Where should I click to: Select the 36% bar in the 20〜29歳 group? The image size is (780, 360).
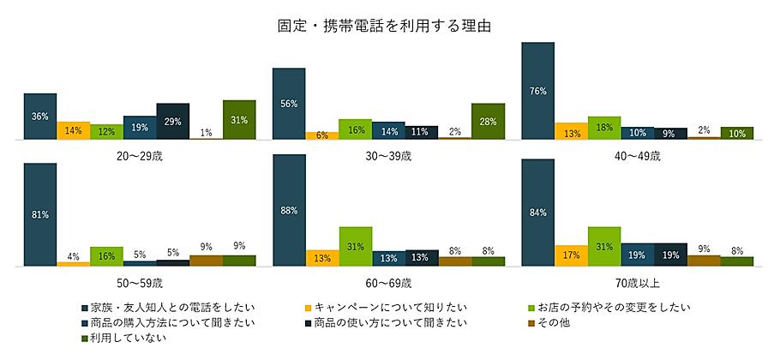pyautogui.click(x=40, y=116)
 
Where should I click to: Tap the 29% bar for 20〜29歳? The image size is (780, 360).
pyautogui.click(x=173, y=121)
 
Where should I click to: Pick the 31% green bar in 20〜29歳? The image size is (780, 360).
pyautogui.click(x=239, y=119)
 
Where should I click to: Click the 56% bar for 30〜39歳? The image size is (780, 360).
pyautogui.click(x=289, y=104)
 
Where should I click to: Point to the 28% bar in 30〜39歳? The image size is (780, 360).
pyautogui.click(x=488, y=121)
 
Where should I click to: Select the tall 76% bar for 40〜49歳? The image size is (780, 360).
pyautogui.click(x=537, y=90)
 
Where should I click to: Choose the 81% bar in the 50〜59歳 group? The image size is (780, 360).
pyautogui.click(x=40, y=215)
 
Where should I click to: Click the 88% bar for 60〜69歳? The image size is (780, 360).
pyautogui.click(x=289, y=211)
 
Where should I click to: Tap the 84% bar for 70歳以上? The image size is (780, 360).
pyautogui.click(x=537, y=213)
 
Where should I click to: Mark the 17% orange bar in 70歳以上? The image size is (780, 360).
pyautogui.click(x=571, y=255)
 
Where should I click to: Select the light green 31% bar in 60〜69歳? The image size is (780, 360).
pyautogui.click(x=355, y=246)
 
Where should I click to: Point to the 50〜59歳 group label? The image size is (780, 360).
pyautogui.click(x=140, y=282)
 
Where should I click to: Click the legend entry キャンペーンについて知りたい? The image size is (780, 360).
pyautogui.click(x=371, y=306)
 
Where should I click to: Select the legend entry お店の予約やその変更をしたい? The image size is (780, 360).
pyautogui.click(x=614, y=306)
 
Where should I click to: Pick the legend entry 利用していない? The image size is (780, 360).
pyautogui.click(x=123, y=339)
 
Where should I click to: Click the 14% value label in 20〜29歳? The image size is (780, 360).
pyautogui.click(x=74, y=130)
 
